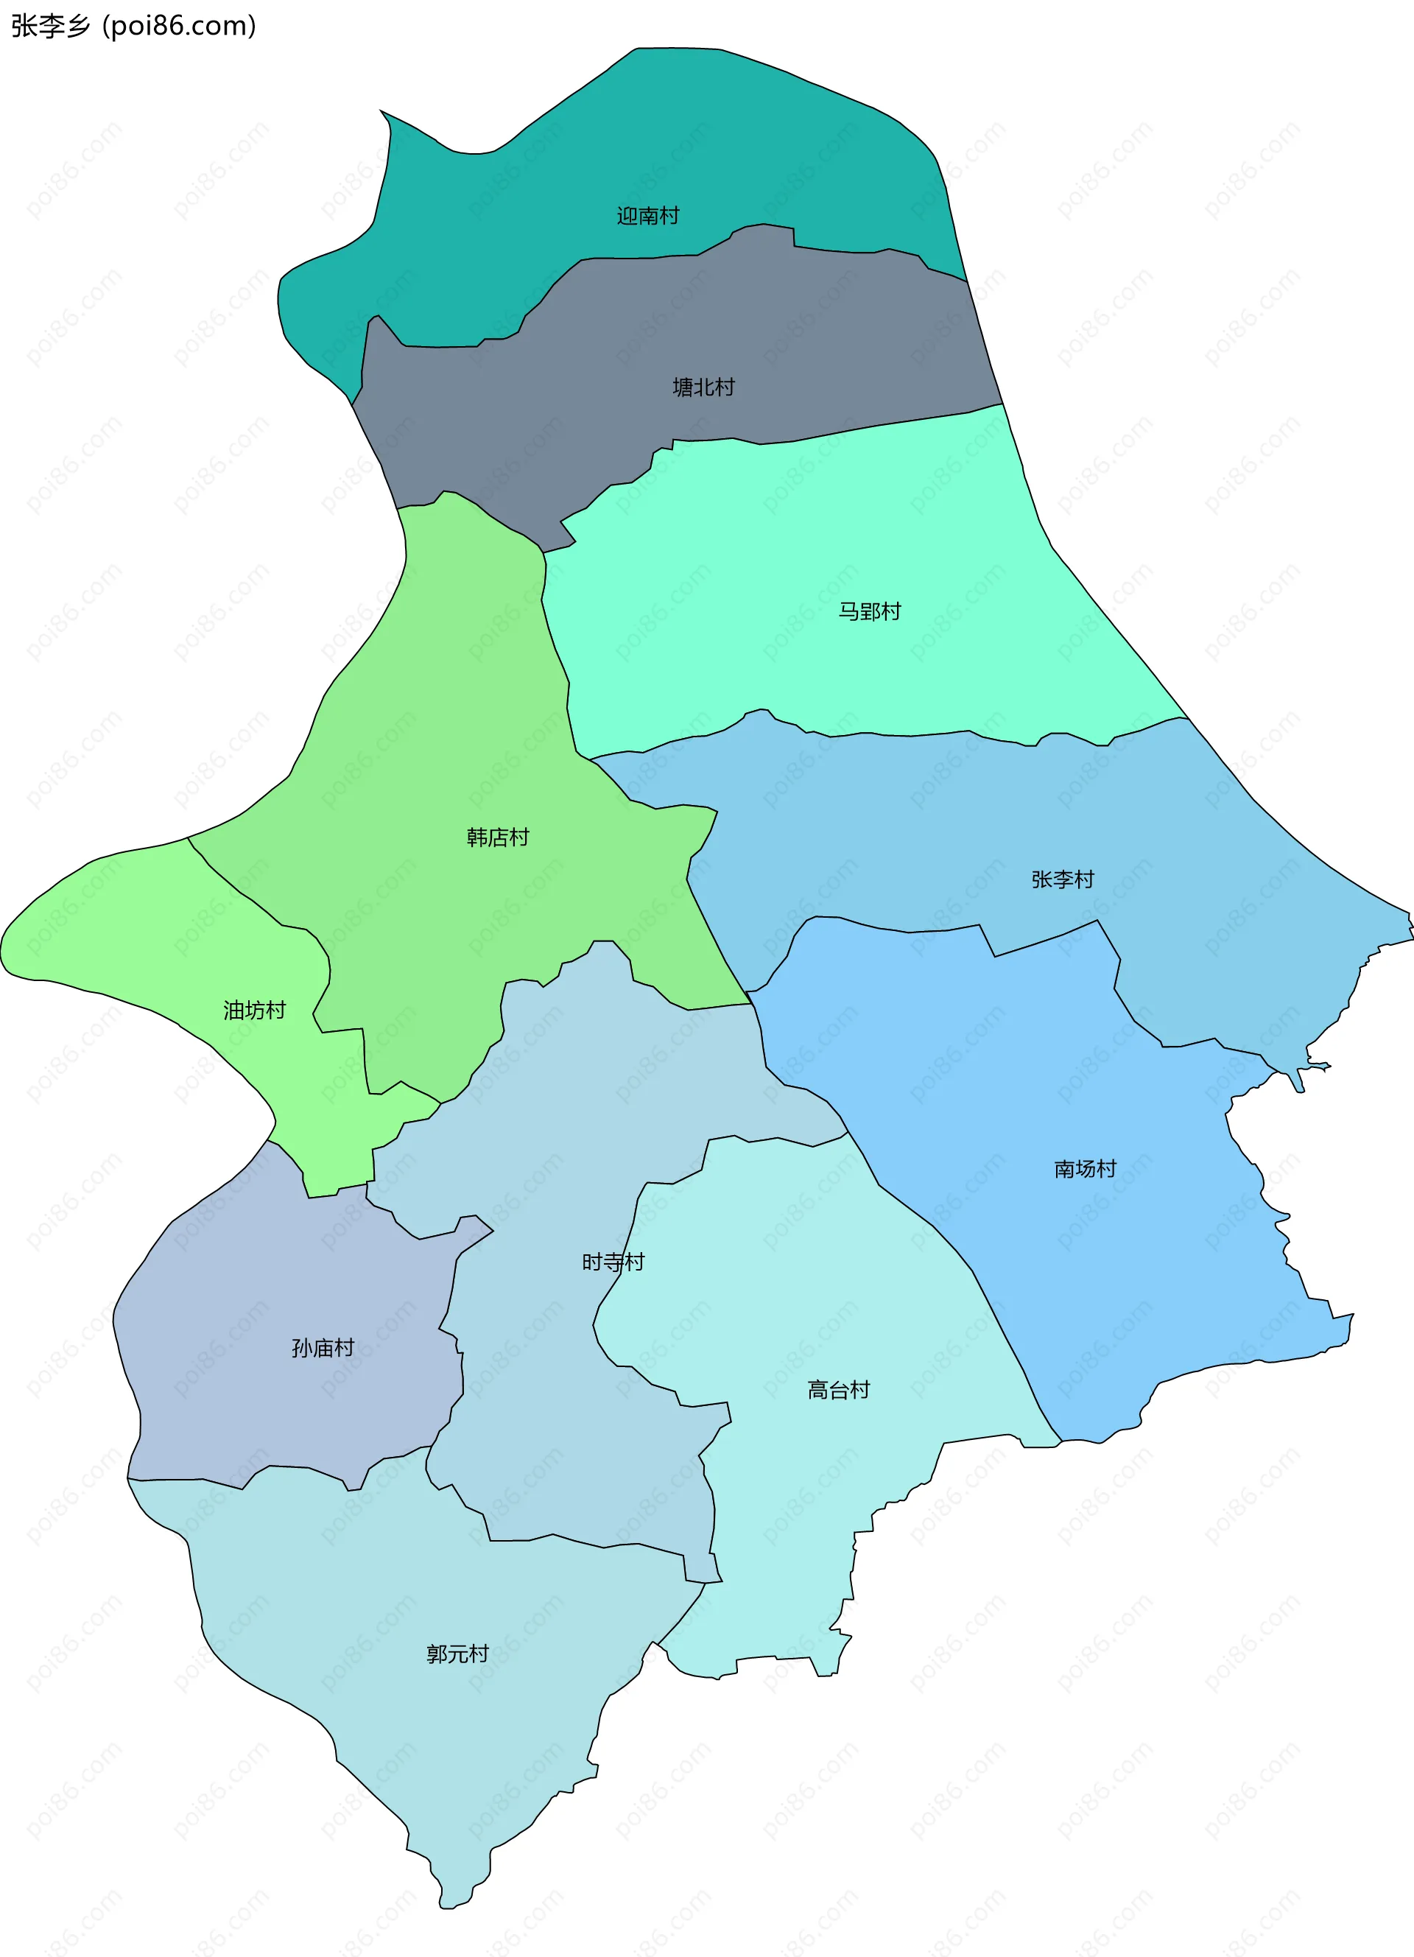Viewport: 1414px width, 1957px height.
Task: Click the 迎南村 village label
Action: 647,216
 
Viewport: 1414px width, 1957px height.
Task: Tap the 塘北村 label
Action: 703,387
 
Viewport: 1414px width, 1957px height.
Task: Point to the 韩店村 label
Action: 497,837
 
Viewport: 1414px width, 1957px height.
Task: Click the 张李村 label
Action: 1062,879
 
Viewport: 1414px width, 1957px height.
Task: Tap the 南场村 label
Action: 1085,1168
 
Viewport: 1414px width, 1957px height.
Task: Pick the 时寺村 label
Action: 613,1262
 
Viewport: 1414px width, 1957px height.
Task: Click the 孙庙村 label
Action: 323,1347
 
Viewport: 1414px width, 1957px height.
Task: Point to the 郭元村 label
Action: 457,1654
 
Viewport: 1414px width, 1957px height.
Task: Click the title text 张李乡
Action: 50,26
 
